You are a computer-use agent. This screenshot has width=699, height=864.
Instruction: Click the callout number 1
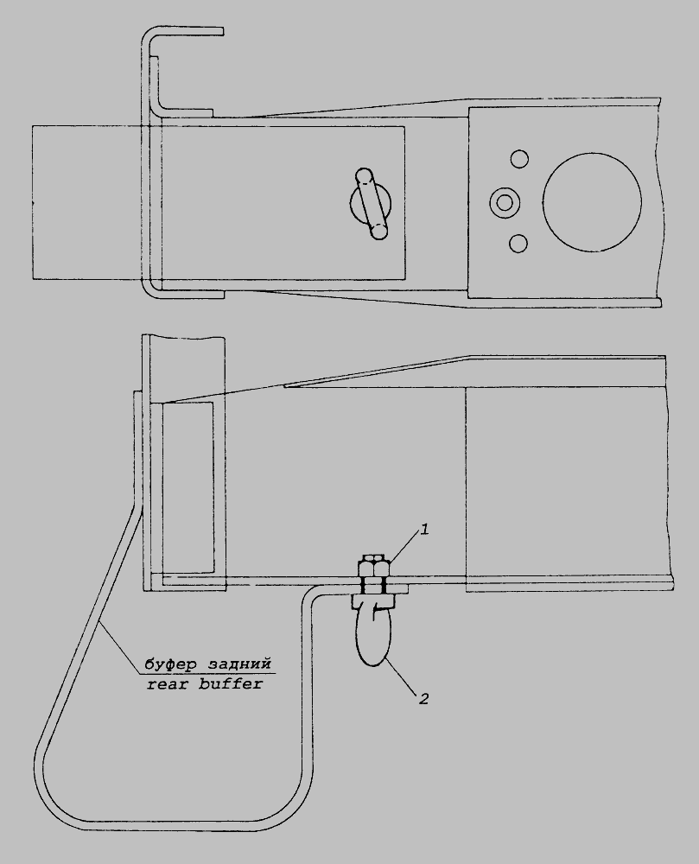pyautogui.click(x=424, y=530)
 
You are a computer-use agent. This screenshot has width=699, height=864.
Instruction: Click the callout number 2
pyautogui.click(x=423, y=699)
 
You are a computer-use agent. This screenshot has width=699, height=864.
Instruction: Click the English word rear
pyautogui.click(x=165, y=685)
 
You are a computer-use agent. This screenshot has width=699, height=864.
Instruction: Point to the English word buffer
pyautogui.click(x=232, y=683)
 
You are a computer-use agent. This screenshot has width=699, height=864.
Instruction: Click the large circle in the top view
pyautogui.click(x=592, y=202)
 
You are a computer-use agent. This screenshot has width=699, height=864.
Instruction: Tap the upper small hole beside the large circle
pyautogui.click(x=519, y=160)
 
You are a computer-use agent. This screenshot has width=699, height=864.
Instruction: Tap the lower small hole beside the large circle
pyautogui.click(x=519, y=243)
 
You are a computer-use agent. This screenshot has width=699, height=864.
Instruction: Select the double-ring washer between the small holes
pyautogui.click(x=504, y=202)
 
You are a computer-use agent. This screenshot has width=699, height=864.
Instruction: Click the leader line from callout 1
pyautogui.click(x=404, y=548)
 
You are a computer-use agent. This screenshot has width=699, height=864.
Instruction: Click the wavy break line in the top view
pyautogui.click(x=658, y=202)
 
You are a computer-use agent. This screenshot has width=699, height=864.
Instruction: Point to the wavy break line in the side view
pyautogui.click(x=670, y=473)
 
